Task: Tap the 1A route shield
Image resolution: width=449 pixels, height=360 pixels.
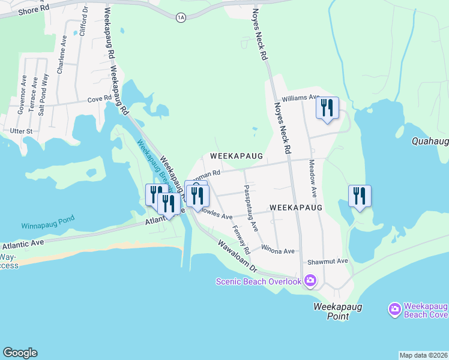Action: (x=181, y=18)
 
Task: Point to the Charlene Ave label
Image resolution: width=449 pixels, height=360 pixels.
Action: (x=61, y=60)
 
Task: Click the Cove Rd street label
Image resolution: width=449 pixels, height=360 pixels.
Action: (x=100, y=99)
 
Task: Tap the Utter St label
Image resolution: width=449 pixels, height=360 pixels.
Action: (x=20, y=131)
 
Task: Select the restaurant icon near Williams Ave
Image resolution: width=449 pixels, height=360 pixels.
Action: (x=327, y=108)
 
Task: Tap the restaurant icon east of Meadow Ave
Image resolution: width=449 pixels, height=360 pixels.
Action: (x=360, y=196)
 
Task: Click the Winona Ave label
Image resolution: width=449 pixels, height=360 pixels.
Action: (x=278, y=250)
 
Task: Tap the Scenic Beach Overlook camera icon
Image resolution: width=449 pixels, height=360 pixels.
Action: (x=310, y=280)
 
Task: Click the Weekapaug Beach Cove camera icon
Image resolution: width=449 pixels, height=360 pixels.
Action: (x=394, y=309)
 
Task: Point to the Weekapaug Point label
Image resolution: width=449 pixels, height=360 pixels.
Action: (x=331, y=311)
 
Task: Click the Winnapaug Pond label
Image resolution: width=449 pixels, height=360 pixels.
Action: (x=48, y=226)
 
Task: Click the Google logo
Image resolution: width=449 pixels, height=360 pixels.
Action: (x=20, y=353)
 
